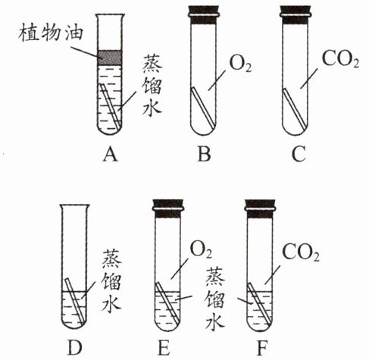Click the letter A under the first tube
pyautogui.click(x=111, y=154)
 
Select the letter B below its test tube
pyautogui.click(x=204, y=154)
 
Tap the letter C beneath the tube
pyautogui.click(x=299, y=154)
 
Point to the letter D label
pyautogui.click(x=75, y=348)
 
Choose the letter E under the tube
pyautogui.click(x=164, y=348)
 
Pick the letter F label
pyautogui.click(x=262, y=348)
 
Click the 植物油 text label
pyautogui.click(x=51, y=33)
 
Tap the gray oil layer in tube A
pyautogui.click(x=110, y=58)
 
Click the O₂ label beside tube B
pyautogui.click(x=240, y=64)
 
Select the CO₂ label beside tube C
pyautogui.click(x=340, y=60)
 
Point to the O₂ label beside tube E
pyautogui.click(x=201, y=250)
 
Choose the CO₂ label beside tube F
pyautogui.click(x=301, y=252)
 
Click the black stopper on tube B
pyautogui.click(x=203, y=15)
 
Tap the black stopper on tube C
pyautogui.click(x=296, y=15)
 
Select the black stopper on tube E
pyautogui.click(x=167, y=208)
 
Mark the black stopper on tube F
pyautogui.click(x=260, y=208)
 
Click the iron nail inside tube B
pyautogui.click(x=203, y=107)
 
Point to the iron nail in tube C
pyautogui.click(x=295, y=107)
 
